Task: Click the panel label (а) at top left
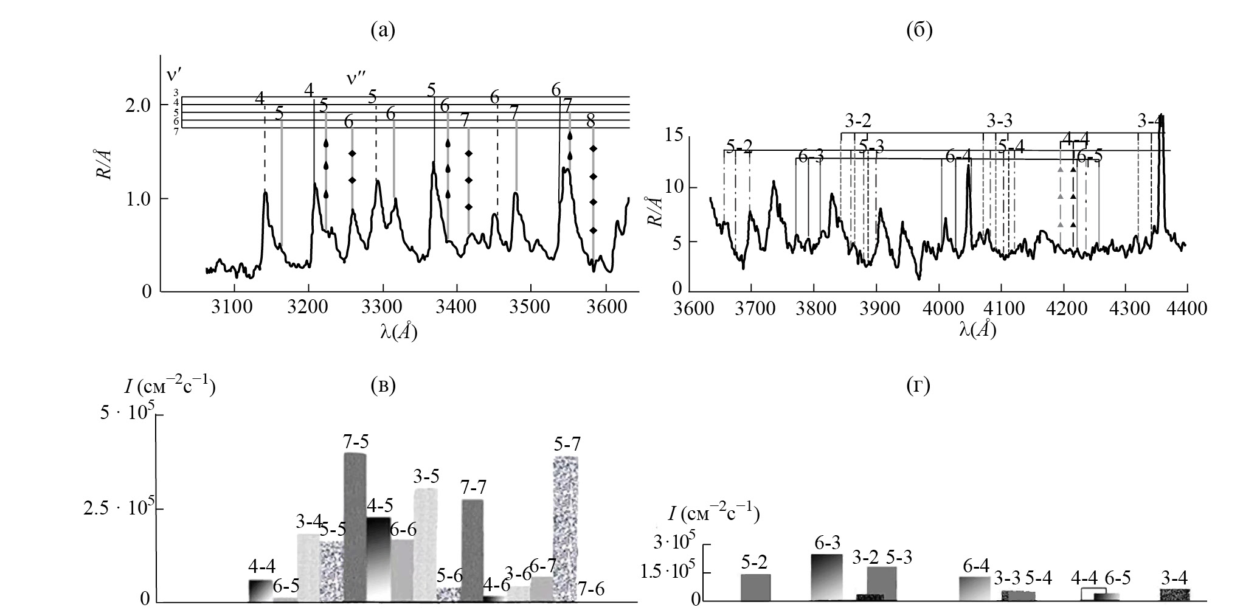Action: point(383,31)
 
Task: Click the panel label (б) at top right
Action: point(919,31)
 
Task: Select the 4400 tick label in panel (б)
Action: point(1187,309)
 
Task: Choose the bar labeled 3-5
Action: point(426,544)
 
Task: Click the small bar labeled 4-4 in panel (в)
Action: point(261,591)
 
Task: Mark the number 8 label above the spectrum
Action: point(590,120)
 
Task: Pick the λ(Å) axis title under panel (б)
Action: point(977,330)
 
